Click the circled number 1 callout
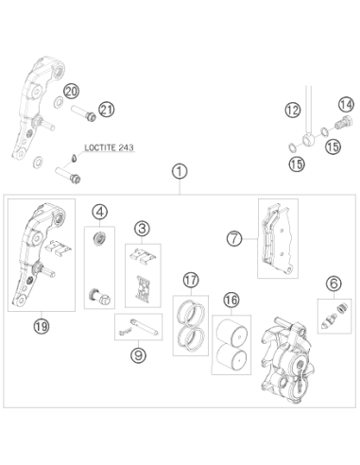click(180, 172)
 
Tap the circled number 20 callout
click(71, 92)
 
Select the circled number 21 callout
click(106, 110)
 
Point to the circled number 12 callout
click(293, 110)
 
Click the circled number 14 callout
click(346, 104)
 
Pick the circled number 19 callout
click(42, 326)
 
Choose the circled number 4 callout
click(99, 212)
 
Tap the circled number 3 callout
click(142, 229)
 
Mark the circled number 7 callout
click(234, 238)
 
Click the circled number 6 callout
click(334, 284)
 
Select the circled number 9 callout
click(138, 355)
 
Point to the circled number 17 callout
click(191, 280)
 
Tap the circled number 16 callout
click(231, 300)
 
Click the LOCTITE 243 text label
click(109, 147)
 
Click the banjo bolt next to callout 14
click(342, 123)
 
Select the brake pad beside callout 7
click(277, 239)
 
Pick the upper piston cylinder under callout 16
click(232, 331)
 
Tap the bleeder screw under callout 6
click(328, 321)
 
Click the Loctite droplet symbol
click(73, 158)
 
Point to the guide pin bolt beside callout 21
click(83, 113)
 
